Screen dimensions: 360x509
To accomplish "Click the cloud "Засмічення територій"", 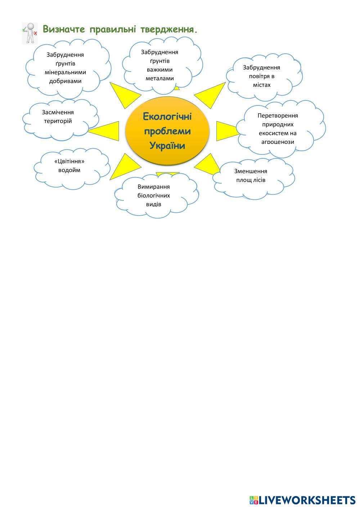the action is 60,118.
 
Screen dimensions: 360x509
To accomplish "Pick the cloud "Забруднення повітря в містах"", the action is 263,76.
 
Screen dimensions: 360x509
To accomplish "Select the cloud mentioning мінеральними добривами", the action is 67,68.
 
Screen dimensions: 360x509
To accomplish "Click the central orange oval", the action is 167,131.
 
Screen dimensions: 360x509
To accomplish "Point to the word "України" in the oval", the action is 167,146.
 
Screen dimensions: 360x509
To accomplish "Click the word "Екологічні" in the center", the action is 167,117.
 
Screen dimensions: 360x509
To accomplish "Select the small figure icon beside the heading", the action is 30,33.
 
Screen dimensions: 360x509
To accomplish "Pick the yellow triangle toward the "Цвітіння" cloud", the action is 124,166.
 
